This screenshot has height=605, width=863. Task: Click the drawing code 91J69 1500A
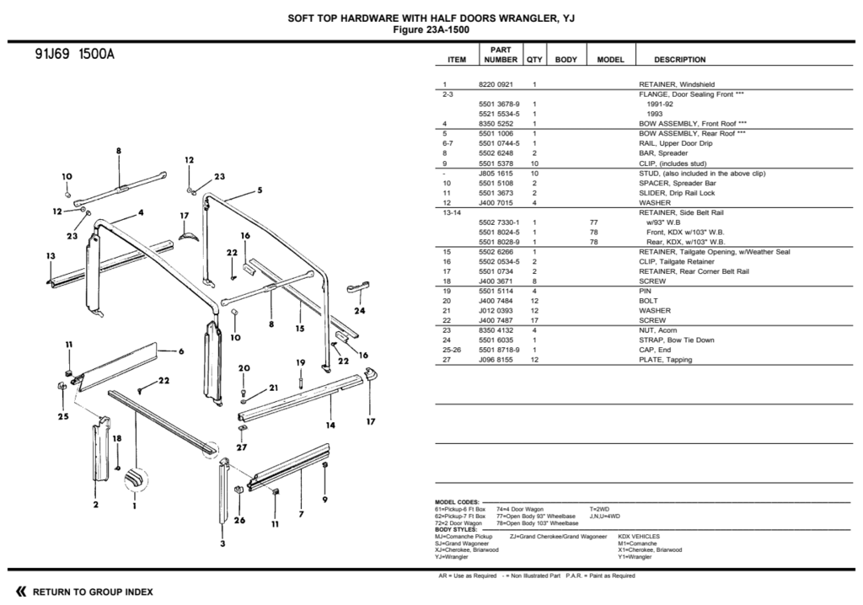(74, 56)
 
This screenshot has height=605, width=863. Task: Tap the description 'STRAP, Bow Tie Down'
(676, 340)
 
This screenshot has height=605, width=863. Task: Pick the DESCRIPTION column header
(679, 60)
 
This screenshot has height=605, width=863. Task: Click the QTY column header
(534, 60)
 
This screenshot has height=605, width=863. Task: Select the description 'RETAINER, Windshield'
(677, 84)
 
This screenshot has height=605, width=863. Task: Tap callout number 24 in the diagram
(360, 311)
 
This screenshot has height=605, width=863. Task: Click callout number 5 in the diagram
(260, 190)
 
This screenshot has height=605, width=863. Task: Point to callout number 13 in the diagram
(51, 255)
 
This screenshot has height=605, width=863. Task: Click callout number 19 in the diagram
(300, 362)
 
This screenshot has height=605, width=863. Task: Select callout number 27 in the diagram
(241, 447)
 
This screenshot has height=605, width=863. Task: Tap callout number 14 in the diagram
(331, 425)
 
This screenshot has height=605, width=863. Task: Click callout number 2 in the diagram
(96, 505)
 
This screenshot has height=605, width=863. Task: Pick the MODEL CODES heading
(456, 501)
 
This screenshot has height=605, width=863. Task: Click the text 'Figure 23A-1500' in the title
(431, 29)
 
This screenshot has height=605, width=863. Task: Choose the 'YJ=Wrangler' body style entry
(451, 556)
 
